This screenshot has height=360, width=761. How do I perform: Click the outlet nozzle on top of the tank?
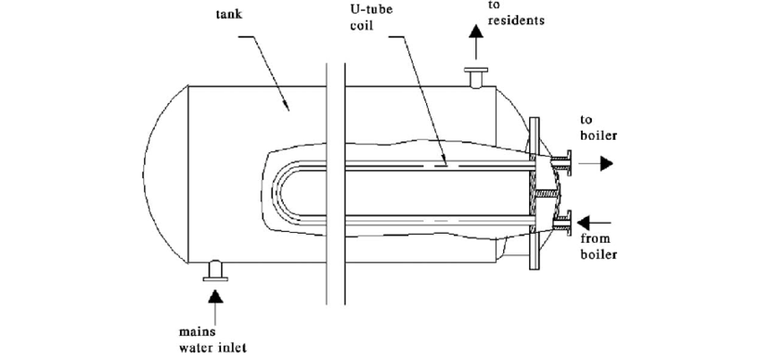pyautogui.click(x=475, y=77)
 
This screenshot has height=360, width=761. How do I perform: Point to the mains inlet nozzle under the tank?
pyautogui.click(x=215, y=268)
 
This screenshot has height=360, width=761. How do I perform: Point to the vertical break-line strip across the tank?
pyautogui.click(x=335, y=179)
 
